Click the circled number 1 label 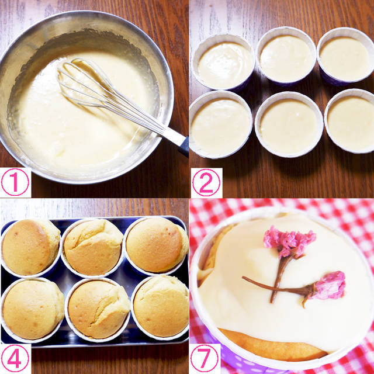pos(15,182)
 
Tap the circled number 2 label pos(206,182)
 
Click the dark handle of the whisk pos(183,146)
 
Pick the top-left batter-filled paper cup pos(223,63)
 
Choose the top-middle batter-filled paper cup pos(286,57)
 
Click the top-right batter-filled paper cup pos(345,57)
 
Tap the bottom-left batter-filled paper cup pos(220,124)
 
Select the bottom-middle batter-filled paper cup pos(289,124)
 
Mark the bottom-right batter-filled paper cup pos(349,121)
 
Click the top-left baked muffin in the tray pos(30,247)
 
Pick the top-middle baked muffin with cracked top pos(93,247)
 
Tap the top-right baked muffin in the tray pos(157,245)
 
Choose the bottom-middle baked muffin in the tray pos(99,310)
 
